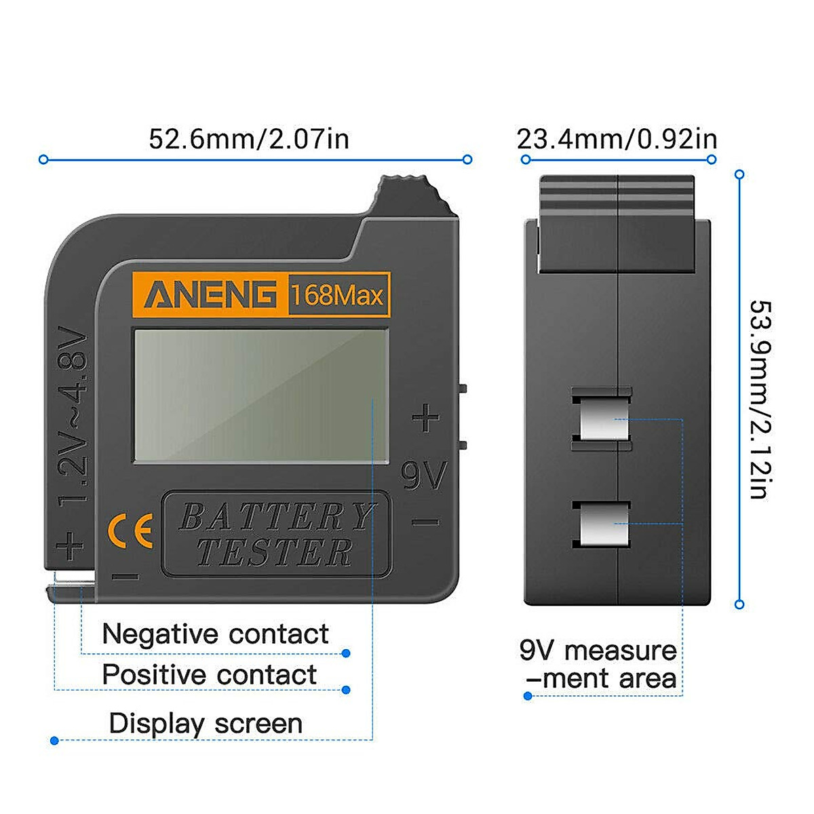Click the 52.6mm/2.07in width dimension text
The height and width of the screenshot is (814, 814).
pos(249,139)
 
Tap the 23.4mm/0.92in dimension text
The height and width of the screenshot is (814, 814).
pos(617,139)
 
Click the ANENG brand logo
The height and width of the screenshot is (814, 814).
pos(210,295)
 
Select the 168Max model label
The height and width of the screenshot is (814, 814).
pos(338,296)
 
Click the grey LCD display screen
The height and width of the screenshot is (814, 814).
pos(260,395)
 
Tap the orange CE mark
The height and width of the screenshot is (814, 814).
pos(131,533)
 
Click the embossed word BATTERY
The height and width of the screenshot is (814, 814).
pos(277,518)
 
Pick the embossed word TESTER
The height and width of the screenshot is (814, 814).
pos(275,552)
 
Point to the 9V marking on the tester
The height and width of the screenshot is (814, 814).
pos(424,476)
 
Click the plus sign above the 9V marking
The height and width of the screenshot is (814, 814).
pos(425,418)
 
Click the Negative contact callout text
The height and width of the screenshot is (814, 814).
pos(215,634)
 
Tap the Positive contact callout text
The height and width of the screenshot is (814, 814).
pos(209,675)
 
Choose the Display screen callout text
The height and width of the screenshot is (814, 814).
pos(206,724)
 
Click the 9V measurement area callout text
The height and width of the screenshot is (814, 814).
pos(598,665)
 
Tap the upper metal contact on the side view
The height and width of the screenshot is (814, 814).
pos(602,419)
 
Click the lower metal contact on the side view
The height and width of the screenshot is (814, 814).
pos(602,524)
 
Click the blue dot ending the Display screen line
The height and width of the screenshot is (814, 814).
pos(54,741)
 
